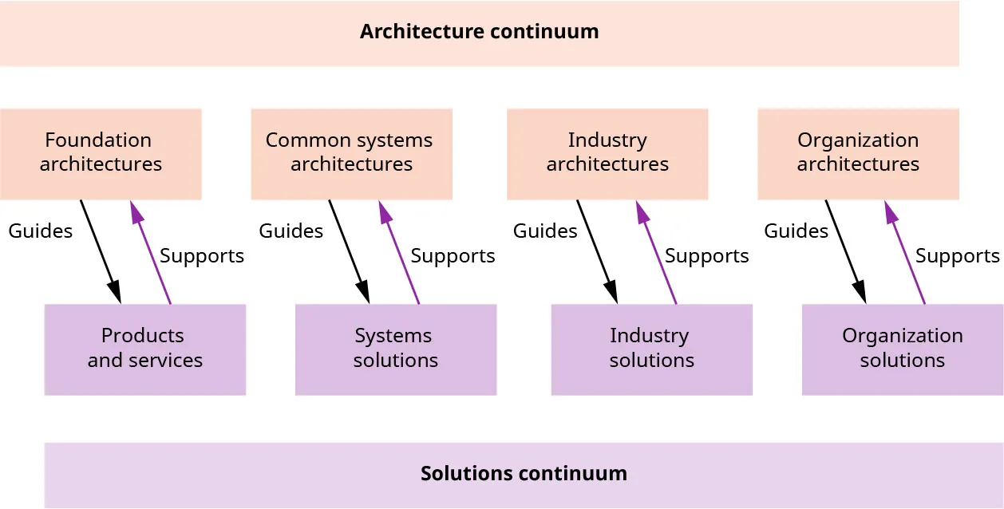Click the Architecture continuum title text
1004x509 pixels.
tap(479, 32)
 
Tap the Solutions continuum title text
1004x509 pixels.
tap(524, 473)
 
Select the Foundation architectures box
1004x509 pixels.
tap(101, 153)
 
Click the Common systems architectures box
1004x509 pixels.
tap(351, 153)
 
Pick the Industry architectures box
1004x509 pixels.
tap(607, 153)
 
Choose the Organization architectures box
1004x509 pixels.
tap(858, 153)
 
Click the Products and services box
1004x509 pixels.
tap(145, 349)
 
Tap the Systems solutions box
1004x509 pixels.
tap(396, 349)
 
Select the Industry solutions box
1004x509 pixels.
tap(651, 349)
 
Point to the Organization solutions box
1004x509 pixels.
tap(902, 349)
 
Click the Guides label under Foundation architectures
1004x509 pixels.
tap(41, 231)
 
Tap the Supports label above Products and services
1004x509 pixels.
tap(202, 256)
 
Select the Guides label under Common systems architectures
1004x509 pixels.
tap(291, 231)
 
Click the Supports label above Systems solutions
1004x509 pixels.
tap(453, 256)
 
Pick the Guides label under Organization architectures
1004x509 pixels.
tap(796, 231)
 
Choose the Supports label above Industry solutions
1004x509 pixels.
tap(706, 256)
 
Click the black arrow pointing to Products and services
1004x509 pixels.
tap(100, 251)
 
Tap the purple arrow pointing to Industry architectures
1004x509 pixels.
tap(656, 251)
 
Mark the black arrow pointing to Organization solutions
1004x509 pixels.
tap(845, 251)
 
